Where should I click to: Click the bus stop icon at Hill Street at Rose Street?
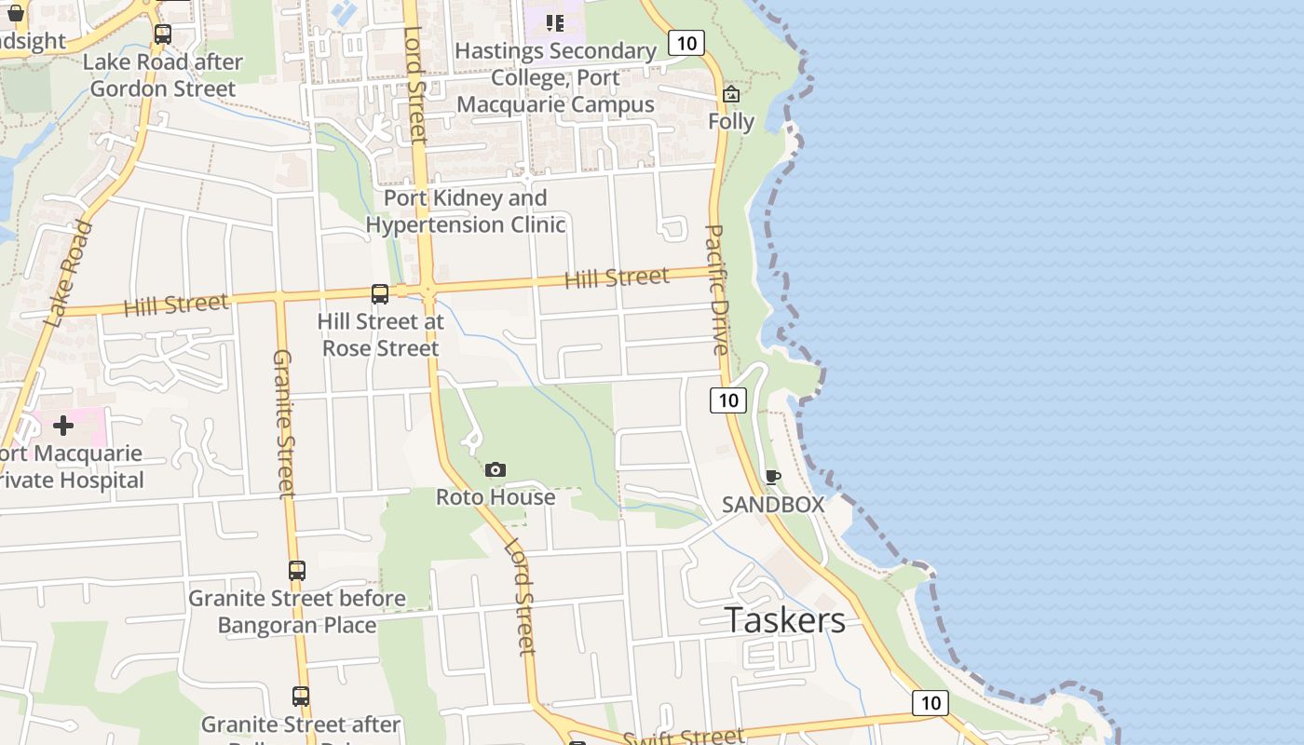(x=380, y=294)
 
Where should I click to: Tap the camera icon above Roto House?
(x=496, y=470)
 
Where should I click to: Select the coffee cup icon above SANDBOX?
(x=772, y=478)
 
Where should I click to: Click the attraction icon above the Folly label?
(x=731, y=94)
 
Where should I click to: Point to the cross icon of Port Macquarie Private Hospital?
(x=63, y=427)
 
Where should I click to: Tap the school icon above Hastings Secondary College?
(x=555, y=22)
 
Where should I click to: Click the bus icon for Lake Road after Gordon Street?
(x=163, y=34)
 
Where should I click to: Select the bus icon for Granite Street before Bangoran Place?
(x=297, y=571)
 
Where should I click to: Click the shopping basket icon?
(x=15, y=13)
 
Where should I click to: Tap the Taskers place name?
(x=785, y=620)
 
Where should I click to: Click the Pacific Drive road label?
(x=716, y=290)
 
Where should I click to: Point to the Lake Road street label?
(x=70, y=274)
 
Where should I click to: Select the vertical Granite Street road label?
(x=283, y=424)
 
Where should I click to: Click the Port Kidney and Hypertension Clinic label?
(x=466, y=211)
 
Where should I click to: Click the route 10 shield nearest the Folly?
(x=686, y=43)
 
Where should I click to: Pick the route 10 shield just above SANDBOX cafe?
(x=728, y=400)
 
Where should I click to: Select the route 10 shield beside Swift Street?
(x=930, y=703)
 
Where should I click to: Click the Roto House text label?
(x=496, y=497)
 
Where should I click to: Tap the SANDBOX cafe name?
(x=773, y=505)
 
